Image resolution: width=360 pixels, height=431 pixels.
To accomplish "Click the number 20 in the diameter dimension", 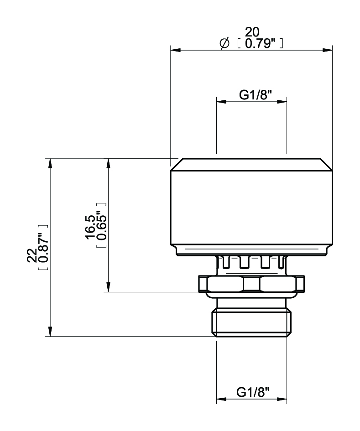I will (252, 32).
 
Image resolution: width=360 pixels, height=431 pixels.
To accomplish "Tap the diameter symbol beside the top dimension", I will (224, 43).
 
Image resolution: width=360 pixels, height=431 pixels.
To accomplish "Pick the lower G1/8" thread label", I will (253, 392).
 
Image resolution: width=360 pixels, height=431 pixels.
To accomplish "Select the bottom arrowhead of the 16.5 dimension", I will (108, 287).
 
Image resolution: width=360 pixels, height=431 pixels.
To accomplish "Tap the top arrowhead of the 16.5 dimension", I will (108, 163).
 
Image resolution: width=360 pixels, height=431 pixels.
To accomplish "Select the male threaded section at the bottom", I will (251, 322).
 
